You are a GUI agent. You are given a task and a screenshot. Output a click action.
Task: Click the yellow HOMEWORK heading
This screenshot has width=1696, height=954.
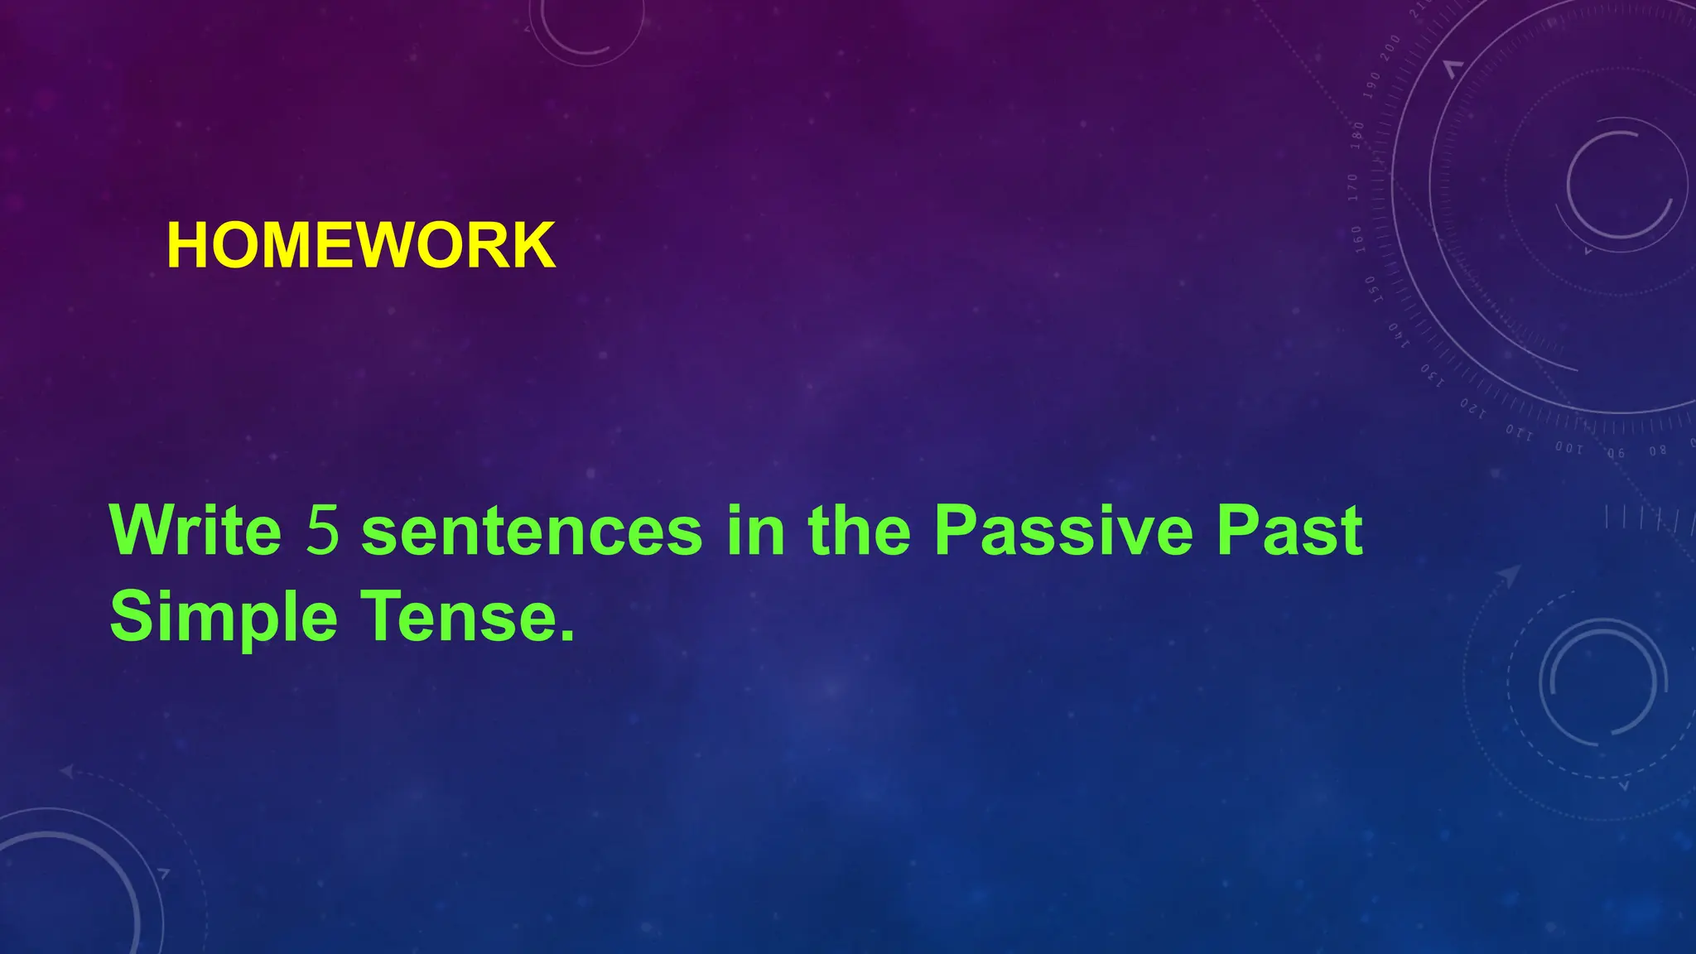[x=361, y=246]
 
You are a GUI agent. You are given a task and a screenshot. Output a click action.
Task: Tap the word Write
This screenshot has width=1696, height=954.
[x=196, y=530]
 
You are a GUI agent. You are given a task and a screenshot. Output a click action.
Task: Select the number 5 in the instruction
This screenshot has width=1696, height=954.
[x=323, y=530]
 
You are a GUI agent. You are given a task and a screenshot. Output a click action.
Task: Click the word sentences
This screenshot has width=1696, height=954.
[x=532, y=532]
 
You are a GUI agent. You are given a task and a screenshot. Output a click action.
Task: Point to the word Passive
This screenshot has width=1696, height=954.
[x=1063, y=530]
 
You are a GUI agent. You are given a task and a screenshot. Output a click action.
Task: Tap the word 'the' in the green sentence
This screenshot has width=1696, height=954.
[x=859, y=530]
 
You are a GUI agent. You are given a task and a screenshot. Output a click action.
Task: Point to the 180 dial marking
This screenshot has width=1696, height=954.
[x=1358, y=134]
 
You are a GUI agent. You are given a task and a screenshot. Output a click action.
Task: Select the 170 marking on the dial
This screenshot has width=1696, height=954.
[x=1353, y=187]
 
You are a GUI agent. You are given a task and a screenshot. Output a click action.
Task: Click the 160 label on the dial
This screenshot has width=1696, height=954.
[x=1357, y=238]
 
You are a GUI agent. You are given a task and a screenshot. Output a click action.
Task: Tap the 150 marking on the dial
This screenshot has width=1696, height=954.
[x=1371, y=289]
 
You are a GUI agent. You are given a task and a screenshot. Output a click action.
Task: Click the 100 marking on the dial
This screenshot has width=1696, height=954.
[x=1568, y=448]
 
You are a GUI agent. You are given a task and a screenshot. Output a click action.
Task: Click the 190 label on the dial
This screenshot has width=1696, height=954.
[x=1372, y=85]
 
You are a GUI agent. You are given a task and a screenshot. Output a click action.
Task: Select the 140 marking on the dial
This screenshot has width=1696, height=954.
[x=1398, y=335]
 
